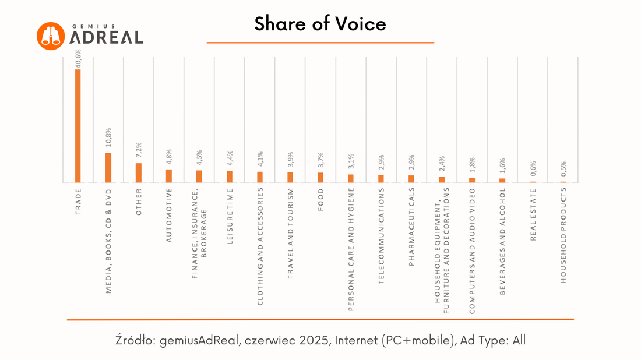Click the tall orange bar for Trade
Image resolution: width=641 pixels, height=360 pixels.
(x=78, y=126)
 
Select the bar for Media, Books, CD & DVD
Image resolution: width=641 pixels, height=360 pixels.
(x=108, y=168)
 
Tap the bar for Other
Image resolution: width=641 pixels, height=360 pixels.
(x=139, y=173)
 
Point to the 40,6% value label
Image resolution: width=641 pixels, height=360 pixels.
(x=78, y=58)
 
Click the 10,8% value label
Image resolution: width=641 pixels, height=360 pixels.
(x=108, y=137)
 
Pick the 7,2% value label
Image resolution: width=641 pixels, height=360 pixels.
(x=139, y=150)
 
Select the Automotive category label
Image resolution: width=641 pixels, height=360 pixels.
(x=169, y=216)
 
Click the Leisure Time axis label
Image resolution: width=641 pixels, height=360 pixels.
(x=230, y=217)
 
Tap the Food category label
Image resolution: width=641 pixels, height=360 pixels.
(x=320, y=200)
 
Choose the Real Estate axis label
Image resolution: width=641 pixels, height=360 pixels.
(x=533, y=214)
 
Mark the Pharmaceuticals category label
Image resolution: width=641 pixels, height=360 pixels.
(x=411, y=227)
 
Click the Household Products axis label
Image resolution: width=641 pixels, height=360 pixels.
(x=563, y=235)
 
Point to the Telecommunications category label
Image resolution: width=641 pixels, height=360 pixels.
(x=381, y=236)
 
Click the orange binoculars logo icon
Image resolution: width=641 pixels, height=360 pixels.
(x=51, y=36)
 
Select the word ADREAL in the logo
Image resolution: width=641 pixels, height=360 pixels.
(x=106, y=38)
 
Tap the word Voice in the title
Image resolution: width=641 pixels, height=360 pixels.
(x=361, y=24)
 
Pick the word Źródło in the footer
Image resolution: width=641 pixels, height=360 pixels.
(x=135, y=340)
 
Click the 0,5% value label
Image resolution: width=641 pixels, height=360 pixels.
(x=563, y=169)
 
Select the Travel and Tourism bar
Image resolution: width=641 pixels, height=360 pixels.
(x=290, y=177)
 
